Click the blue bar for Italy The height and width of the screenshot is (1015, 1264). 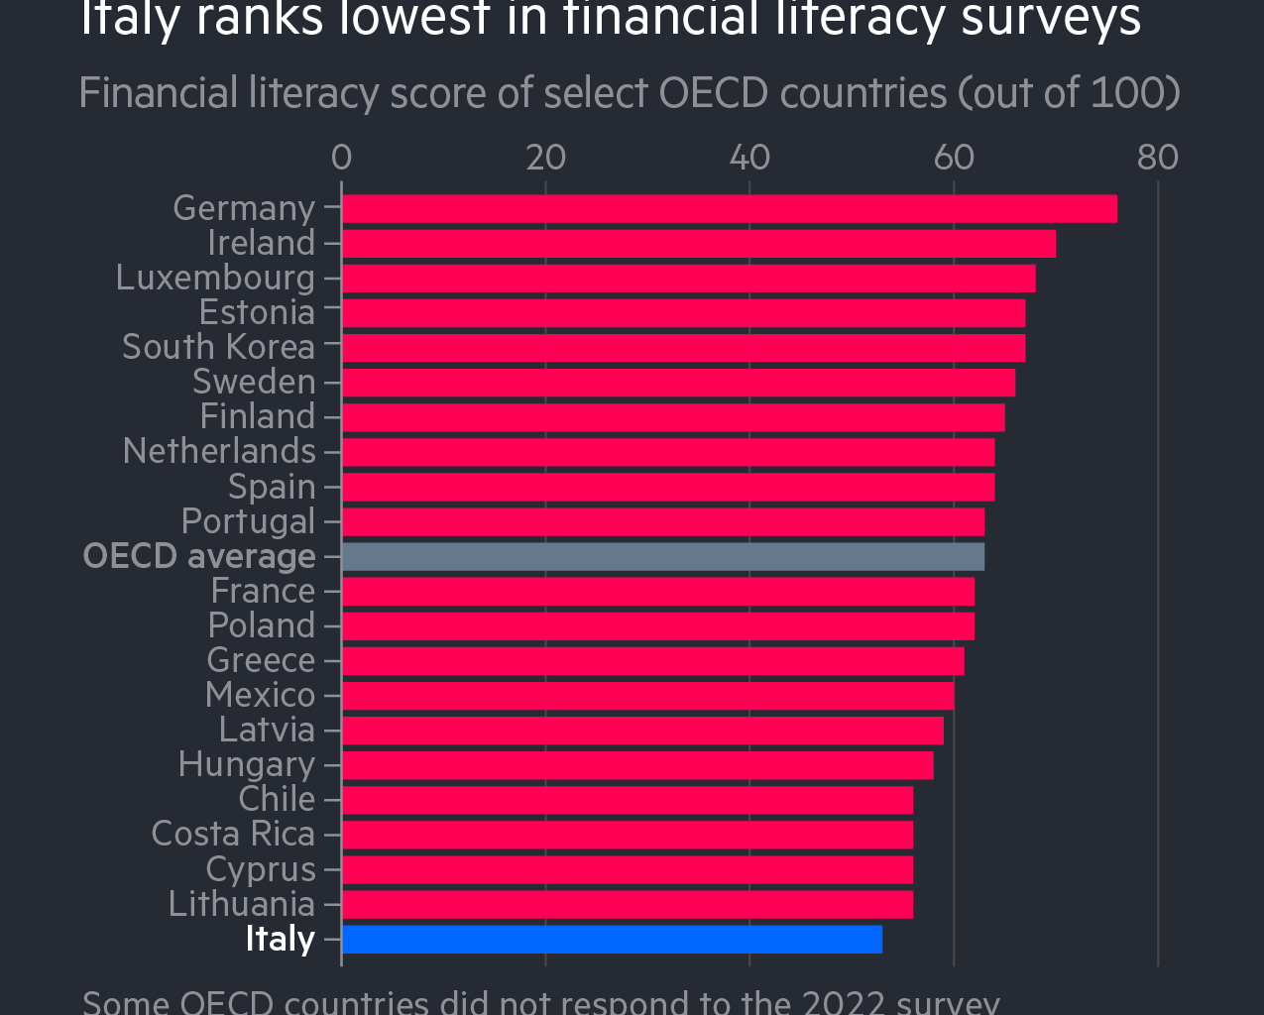[612, 939]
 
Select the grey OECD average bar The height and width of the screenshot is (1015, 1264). [662, 556]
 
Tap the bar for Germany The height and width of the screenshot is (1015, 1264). [729, 209]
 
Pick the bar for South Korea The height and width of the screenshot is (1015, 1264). [683, 348]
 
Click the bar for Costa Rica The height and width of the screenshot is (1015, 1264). [627, 835]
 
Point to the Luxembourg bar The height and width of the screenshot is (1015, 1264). [688, 279]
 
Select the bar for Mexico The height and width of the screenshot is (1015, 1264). [647, 696]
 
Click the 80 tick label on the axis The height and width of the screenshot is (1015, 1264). [1157, 158]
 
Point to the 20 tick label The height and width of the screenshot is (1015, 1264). [545, 158]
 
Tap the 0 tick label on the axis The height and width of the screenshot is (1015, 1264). [341, 158]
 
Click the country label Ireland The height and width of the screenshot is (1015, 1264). [261, 243]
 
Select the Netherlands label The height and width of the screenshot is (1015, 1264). [219, 451]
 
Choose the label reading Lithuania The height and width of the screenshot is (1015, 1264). [241, 904]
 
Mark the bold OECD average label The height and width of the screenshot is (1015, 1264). [199, 556]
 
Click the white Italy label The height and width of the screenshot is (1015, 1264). [280, 939]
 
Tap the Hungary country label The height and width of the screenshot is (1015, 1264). [246, 765]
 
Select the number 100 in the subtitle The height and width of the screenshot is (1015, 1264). [1127, 93]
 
